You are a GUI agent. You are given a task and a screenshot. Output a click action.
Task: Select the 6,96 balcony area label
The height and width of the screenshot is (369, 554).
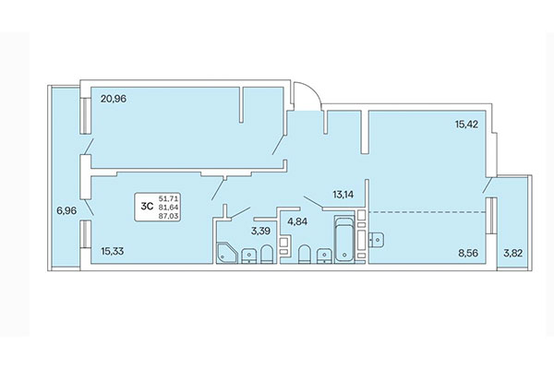66,210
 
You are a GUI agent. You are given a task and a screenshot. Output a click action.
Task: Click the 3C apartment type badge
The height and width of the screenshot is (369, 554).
146,206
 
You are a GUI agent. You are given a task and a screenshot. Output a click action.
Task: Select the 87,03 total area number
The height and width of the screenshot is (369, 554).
169,215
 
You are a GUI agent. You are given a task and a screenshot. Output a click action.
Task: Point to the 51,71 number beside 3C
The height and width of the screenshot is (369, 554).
169,197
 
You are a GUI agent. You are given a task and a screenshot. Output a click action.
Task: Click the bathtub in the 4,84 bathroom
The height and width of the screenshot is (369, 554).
344,240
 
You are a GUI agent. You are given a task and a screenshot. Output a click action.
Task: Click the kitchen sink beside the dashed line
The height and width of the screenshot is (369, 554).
376,239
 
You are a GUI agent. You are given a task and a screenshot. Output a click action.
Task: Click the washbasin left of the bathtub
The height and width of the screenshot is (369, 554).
322,255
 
